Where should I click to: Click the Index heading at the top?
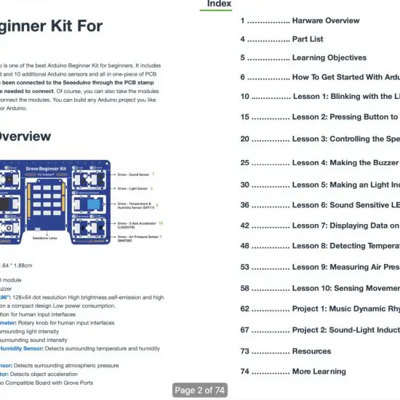click(219, 4)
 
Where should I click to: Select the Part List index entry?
click(308, 39)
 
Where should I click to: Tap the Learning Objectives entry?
click(329, 58)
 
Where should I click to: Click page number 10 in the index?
click(245, 96)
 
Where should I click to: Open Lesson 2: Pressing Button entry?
click(345, 117)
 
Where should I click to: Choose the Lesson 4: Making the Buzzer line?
click(345, 163)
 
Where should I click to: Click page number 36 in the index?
click(245, 205)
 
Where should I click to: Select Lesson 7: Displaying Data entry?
click(345, 225)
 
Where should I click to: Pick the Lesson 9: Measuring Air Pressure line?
click(345, 268)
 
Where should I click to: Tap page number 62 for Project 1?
click(245, 309)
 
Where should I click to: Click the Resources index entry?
click(311, 351)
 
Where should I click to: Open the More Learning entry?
click(319, 372)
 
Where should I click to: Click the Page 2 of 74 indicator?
click(200, 391)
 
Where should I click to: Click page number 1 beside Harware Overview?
click(243, 20)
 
